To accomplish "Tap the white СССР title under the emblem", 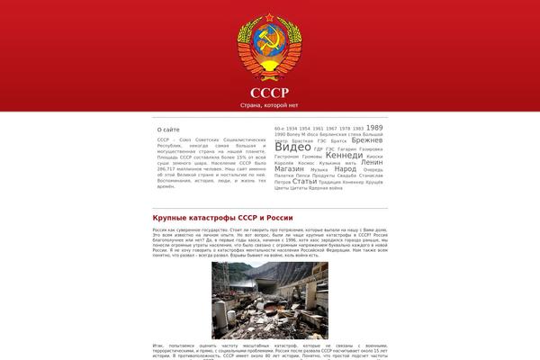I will tap(270, 93).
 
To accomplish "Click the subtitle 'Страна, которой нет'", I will tap(270, 106).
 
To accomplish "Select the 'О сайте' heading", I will tap(168, 130).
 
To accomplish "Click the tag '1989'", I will tap(374, 128).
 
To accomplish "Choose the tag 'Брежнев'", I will tap(366, 141).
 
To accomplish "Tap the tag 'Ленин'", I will tap(371, 162).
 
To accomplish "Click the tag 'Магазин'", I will tap(289, 168).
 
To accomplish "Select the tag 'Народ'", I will tap(345, 168).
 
